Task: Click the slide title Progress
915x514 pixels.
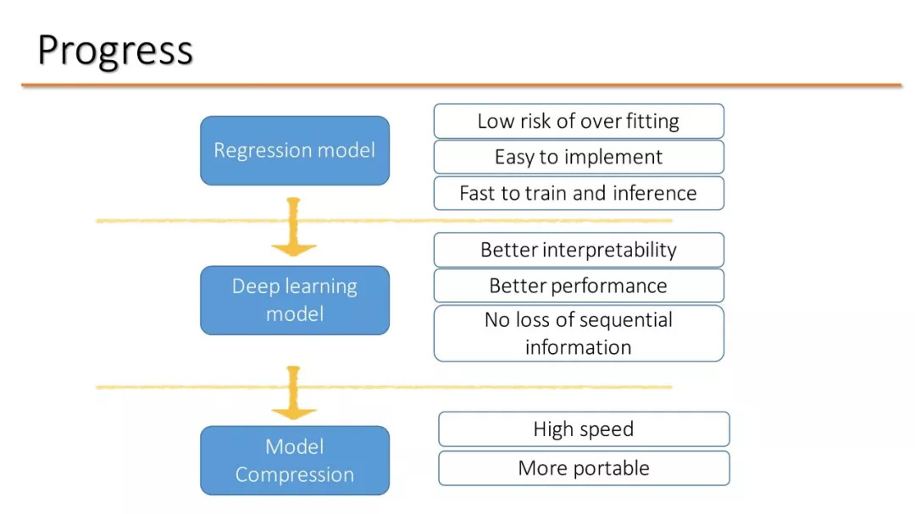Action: click(115, 51)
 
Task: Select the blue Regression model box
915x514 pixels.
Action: click(295, 151)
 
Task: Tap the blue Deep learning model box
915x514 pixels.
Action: click(295, 300)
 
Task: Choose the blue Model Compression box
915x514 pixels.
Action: click(295, 461)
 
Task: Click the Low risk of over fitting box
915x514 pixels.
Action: click(579, 121)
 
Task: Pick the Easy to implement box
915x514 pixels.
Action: click(579, 157)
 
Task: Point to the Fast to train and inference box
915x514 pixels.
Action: click(579, 193)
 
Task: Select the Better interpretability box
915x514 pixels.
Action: click(579, 250)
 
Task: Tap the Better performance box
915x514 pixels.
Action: click(579, 286)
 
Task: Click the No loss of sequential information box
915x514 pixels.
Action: click(579, 333)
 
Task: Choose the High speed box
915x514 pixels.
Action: click(584, 429)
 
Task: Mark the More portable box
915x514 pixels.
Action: click(584, 468)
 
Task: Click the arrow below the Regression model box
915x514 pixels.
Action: click(294, 226)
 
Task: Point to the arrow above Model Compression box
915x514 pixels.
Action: click(294, 393)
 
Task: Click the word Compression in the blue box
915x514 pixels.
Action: click(295, 475)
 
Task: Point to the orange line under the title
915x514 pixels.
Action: click(462, 86)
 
